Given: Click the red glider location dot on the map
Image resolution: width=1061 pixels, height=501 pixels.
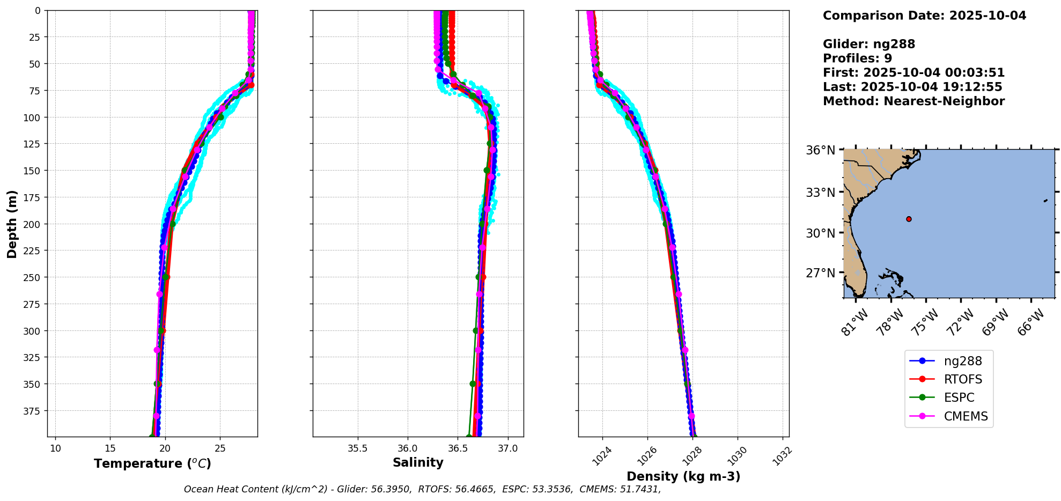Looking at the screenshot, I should pyautogui.click(x=909, y=219).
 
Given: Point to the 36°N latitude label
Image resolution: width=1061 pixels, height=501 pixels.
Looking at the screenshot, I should pyautogui.click(x=821, y=150).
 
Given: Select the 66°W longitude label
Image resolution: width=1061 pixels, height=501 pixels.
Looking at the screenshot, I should pyautogui.click(x=1031, y=322).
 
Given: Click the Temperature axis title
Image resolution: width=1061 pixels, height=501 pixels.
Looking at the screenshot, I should pyautogui.click(x=152, y=463).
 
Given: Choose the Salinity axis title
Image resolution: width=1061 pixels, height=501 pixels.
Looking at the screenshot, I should pyautogui.click(x=418, y=462).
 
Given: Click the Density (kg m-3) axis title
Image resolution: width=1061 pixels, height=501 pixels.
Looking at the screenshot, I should pyautogui.click(x=683, y=476).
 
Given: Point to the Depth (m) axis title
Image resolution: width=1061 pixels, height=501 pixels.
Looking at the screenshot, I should pyautogui.click(x=12, y=224).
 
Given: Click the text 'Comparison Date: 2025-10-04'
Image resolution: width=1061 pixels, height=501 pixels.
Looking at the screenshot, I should pyautogui.click(x=924, y=16).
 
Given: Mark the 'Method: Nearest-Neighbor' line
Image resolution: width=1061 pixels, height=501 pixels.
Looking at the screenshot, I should pyautogui.click(x=913, y=101).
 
